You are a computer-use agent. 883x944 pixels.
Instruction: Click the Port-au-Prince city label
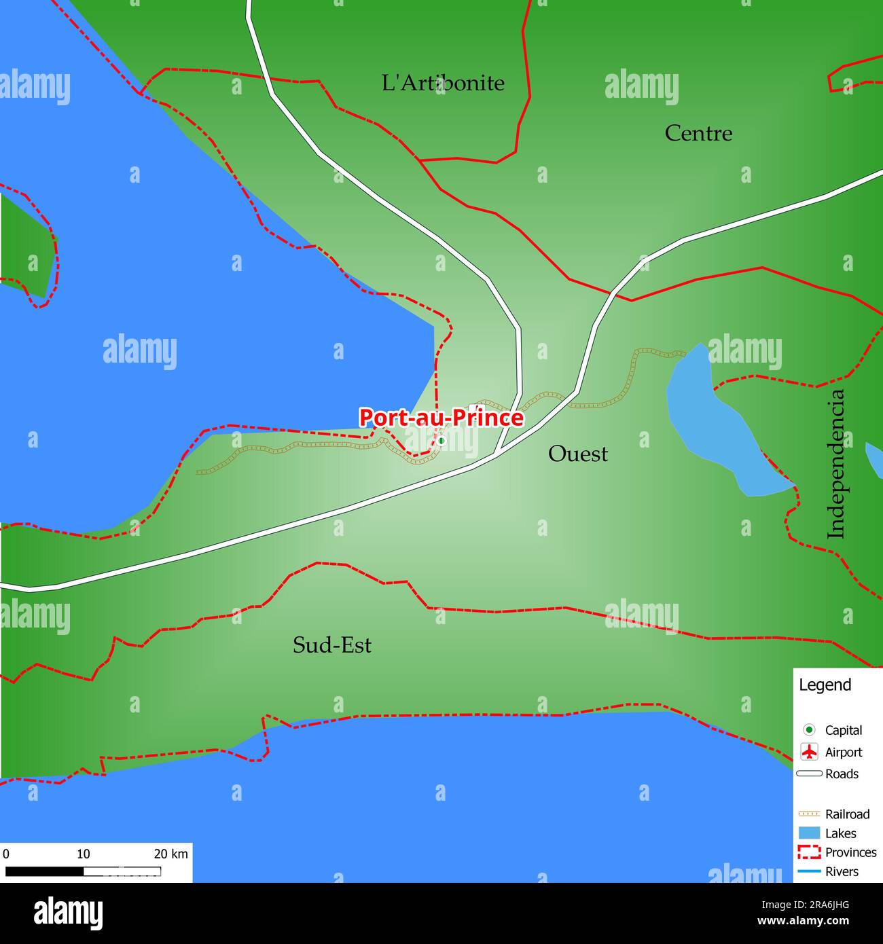click(x=441, y=417)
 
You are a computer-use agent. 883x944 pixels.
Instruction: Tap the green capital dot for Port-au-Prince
click(x=441, y=441)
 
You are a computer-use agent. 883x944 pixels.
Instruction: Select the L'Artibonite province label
click(x=443, y=83)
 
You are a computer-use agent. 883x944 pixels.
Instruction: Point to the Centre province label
click(x=698, y=133)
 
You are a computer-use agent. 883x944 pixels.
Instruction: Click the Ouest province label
click(x=577, y=454)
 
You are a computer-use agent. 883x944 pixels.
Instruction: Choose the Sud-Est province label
click(x=331, y=645)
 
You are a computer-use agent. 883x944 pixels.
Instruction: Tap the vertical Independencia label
click(x=836, y=464)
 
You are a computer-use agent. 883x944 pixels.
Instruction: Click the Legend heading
click(x=825, y=685)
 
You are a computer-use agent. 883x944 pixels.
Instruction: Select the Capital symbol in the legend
click(x=809, y=730)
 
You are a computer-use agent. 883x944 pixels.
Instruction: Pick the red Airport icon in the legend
click(x=809, y=752)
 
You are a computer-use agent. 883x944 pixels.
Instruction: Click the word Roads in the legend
click(x=842, y=774)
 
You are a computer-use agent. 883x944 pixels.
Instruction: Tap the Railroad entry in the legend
click(x=847, y=814)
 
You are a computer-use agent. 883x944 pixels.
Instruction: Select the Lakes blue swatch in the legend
click(x=809, y=833)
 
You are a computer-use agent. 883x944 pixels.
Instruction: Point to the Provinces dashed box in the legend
click(x=809, y=852)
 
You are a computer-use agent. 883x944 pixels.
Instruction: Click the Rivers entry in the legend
click(x=842, y=871)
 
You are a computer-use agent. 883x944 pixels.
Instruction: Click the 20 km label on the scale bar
click(x=170, y=854)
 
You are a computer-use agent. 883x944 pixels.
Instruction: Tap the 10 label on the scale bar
click(x=83, y=854)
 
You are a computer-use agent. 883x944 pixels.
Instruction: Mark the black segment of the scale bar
click(x=44, y=871)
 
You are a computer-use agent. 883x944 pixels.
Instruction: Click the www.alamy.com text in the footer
click(x=803, y=922)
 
